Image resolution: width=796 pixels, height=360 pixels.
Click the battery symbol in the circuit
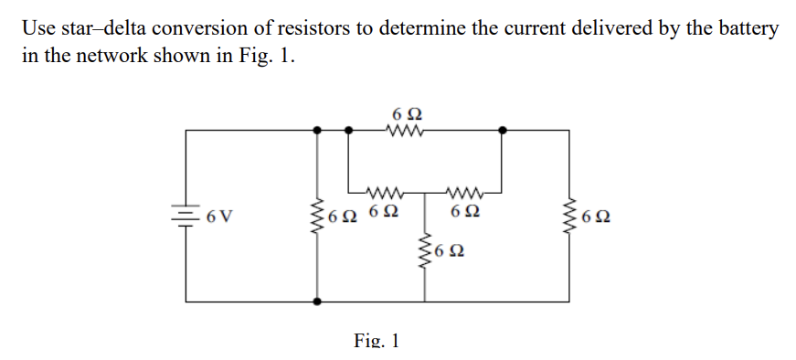(186, 217)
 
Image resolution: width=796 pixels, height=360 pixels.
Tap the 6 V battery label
(219, 218)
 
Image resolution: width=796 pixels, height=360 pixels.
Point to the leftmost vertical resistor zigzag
(317, 217)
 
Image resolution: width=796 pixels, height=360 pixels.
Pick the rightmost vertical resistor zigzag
(573, 217)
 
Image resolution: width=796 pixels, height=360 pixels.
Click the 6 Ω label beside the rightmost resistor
(596, 218)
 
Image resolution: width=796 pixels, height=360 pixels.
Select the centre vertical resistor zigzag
(424, 252)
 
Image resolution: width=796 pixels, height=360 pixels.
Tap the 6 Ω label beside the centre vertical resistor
(449, 251)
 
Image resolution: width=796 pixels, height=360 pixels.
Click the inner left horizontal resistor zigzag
(384, 193)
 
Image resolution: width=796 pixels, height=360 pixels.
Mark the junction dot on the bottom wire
(317, 301)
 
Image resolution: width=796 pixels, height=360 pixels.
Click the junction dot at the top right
(501, 131)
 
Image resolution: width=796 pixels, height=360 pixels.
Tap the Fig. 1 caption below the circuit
(377, 341)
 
